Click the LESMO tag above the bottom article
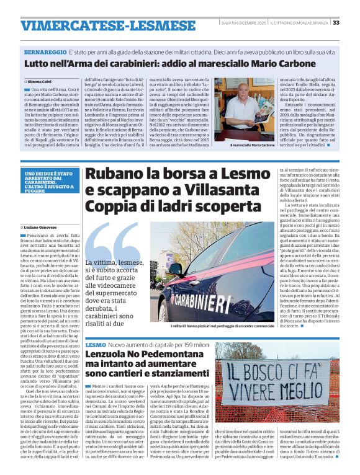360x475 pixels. click(96, 344)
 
